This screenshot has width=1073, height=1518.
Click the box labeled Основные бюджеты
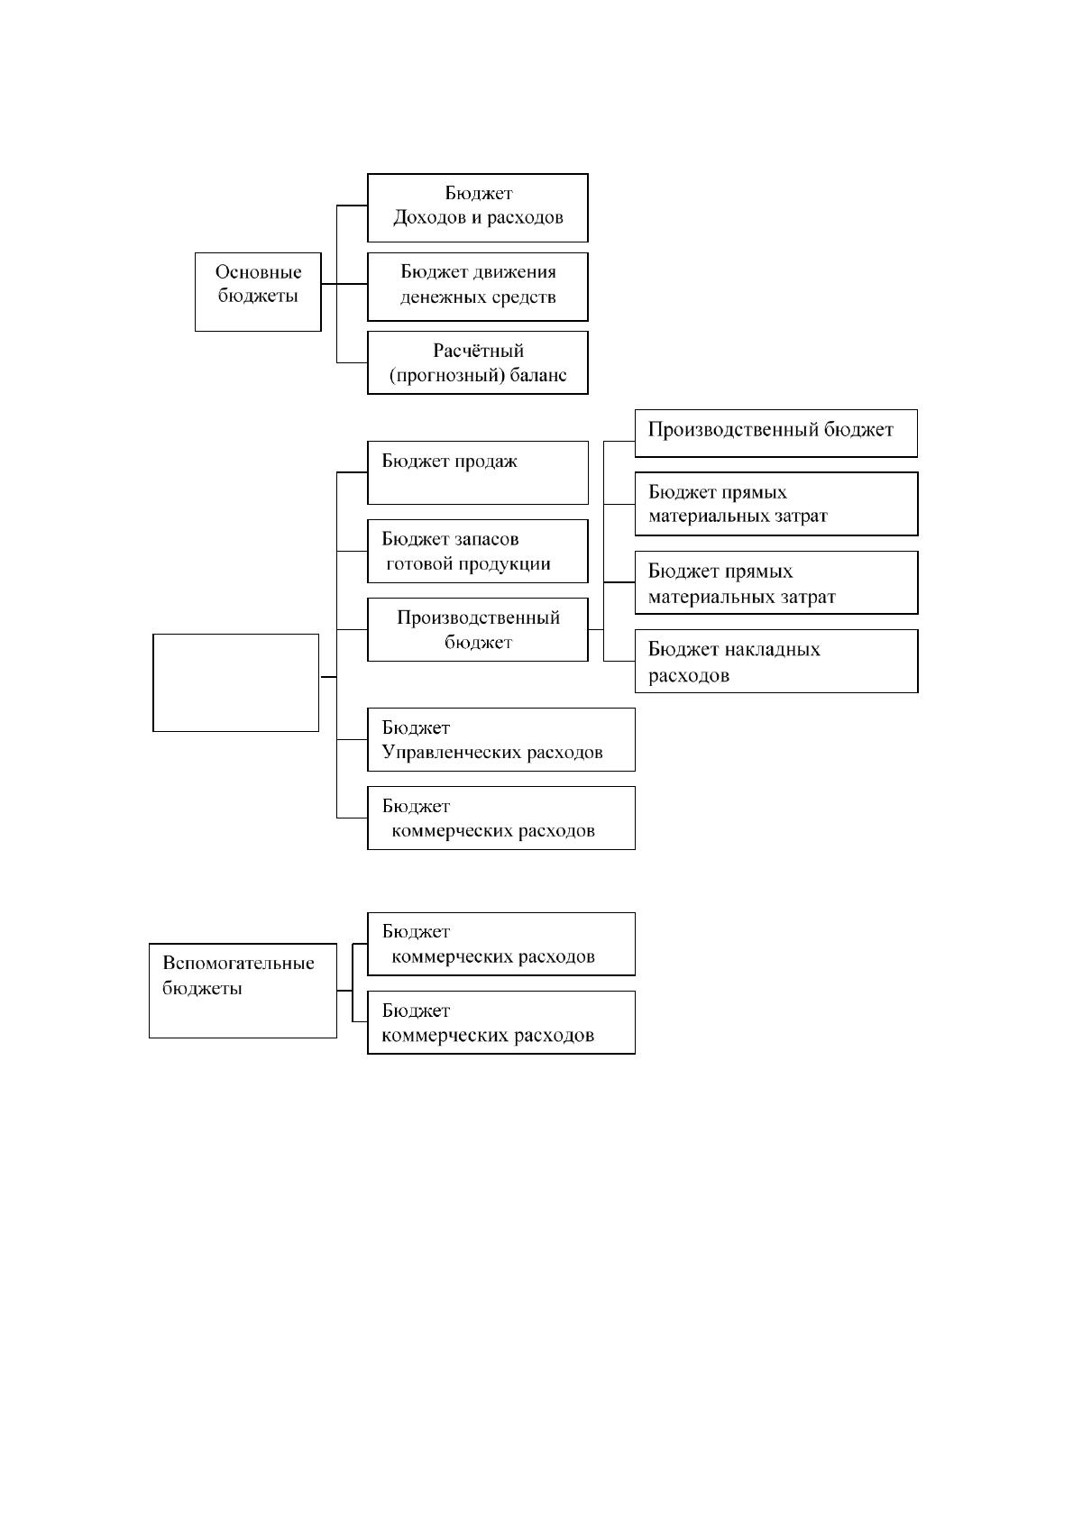(x=258, y=291)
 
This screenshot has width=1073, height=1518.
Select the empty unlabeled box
(x=236, y=682)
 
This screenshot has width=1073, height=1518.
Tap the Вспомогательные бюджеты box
(x=243, y=990)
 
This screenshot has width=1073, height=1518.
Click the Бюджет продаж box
(x=477, y=472)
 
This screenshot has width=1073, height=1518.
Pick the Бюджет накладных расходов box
(x=776, y=661)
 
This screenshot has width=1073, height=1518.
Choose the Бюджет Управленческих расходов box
(x=501, y=739)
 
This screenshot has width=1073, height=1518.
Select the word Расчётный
(x=479, y=351)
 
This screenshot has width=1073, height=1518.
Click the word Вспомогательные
(x=239, y=964)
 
